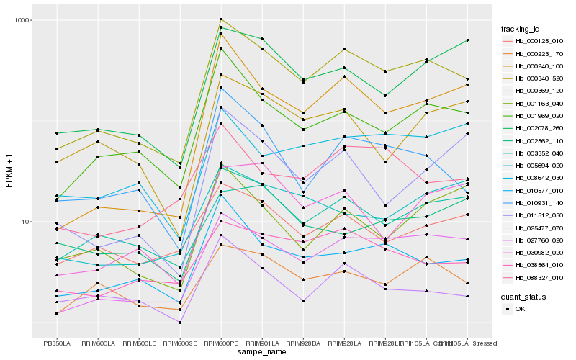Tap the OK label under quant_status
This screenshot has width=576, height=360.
tap(520, 309)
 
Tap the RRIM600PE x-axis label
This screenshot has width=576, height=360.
tap(221, 343)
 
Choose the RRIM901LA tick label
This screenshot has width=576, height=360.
tap(262, 343)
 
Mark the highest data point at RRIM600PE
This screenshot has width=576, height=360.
tap(221, 19)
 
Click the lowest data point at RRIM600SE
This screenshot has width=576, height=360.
tap(180, 323)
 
